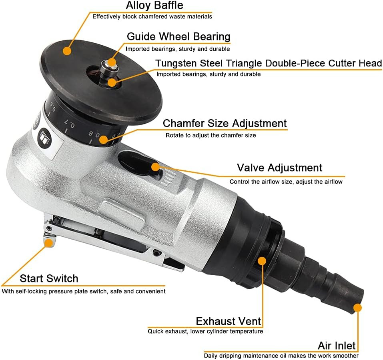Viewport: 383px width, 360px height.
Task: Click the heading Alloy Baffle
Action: click(154, 6)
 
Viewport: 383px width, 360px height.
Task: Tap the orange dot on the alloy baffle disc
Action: click(67, 51)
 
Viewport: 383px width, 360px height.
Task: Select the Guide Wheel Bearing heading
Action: click(178, 36)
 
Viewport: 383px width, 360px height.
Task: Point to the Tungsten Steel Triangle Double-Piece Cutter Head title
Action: click(269, 63)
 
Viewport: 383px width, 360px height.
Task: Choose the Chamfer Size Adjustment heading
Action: click(225, 123)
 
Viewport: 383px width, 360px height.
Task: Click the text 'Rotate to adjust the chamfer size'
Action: click(211, 135)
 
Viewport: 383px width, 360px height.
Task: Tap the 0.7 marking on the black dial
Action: click(70, 125)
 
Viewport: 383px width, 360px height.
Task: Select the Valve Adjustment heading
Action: click(279, 168)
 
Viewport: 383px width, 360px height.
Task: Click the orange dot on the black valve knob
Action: click(155, 166)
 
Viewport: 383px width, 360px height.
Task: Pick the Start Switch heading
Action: click(49, 278)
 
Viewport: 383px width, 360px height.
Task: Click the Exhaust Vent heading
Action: click(228, 321)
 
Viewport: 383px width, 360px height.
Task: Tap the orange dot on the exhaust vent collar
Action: click(262, 261)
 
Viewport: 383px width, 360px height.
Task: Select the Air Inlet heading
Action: click(337, 346)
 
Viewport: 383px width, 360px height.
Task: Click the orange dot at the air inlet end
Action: click(357, 308)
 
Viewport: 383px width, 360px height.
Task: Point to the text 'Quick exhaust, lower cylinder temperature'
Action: click(205, 331)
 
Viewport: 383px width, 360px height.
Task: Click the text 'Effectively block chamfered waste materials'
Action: click(152, 17)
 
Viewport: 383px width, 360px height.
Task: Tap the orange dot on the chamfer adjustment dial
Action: click(104, 140)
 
